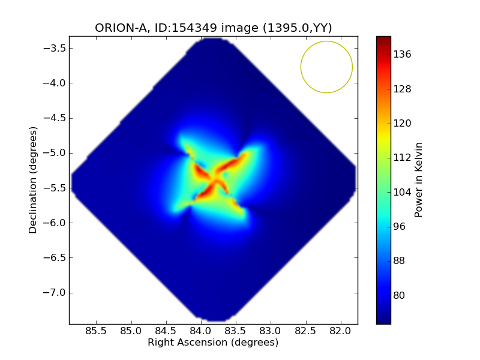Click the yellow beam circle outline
tap(301, 67)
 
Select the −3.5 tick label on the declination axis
tap(54, 49)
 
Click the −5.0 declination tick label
tap(54, 153)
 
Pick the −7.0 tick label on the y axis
tap(54, 293)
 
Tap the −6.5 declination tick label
tap(54, 258)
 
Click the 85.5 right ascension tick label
tap(96, 331)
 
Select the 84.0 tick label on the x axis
tap(201, 331)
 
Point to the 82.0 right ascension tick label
tap(340, 331)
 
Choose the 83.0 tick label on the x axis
tap(271, 331)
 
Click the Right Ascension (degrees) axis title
tap(213, 343)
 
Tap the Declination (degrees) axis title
tap(33, 180)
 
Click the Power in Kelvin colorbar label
tap(418, 180)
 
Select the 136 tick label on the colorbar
tap(402, 55)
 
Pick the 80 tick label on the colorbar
tap(399, 295)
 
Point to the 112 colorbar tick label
tap(402, 158)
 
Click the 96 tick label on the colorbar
tap(399, 227)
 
